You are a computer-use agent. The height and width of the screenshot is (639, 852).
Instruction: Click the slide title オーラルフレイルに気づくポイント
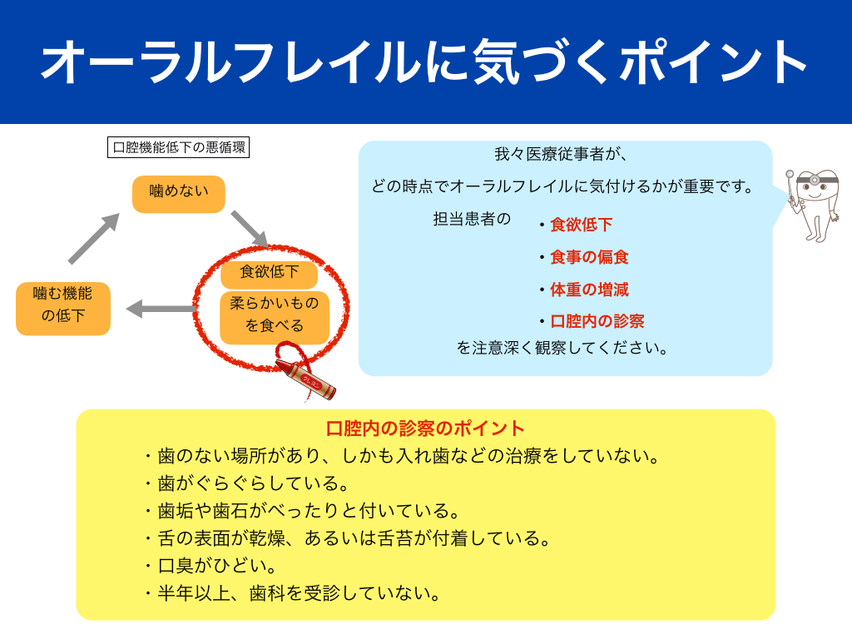(x=425, y=62)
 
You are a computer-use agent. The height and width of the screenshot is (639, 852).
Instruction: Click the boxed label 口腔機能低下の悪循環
(x=180, y=148)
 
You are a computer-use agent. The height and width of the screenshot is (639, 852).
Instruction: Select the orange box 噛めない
(x=179, y=193)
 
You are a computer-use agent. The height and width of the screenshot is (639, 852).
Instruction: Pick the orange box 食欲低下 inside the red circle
(x=269, y=271)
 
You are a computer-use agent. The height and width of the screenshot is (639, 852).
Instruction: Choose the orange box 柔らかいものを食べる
(x=275, y=315)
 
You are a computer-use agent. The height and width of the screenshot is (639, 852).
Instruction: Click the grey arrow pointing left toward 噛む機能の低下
(x=161, y=310)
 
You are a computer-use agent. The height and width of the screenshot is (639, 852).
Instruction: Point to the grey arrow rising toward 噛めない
(x=93, y=238)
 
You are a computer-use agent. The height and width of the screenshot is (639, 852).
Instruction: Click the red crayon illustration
(x=306, y=377)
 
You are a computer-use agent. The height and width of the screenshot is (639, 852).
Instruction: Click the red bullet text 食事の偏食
(x=589, y=257)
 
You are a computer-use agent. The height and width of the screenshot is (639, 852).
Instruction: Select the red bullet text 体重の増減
(x=589, y=290)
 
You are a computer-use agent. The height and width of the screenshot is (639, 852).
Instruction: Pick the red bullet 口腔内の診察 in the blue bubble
(x=597, y=321)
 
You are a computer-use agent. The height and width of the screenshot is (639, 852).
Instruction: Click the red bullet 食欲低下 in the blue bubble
(x=581, y=225)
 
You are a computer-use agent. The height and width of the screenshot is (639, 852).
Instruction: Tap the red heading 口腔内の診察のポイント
(x=425, y=428)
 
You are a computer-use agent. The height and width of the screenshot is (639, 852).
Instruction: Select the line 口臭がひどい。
(x=216, y=566)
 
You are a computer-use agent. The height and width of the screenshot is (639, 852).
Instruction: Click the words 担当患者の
(x=471, y=219)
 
